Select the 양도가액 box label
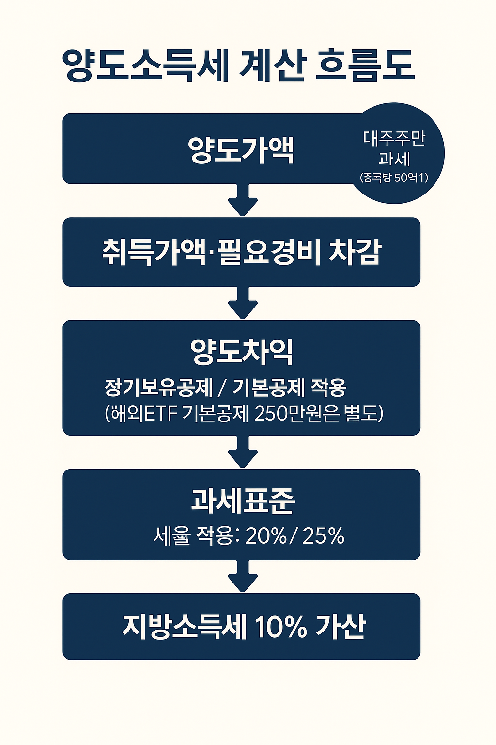(241, 150)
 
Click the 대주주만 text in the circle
(394, 138)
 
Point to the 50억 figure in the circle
(406, 178)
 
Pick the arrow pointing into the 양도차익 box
(242, 304)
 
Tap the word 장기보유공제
(159, 387)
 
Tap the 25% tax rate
(323, 536)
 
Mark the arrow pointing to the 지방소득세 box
(242, 577)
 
